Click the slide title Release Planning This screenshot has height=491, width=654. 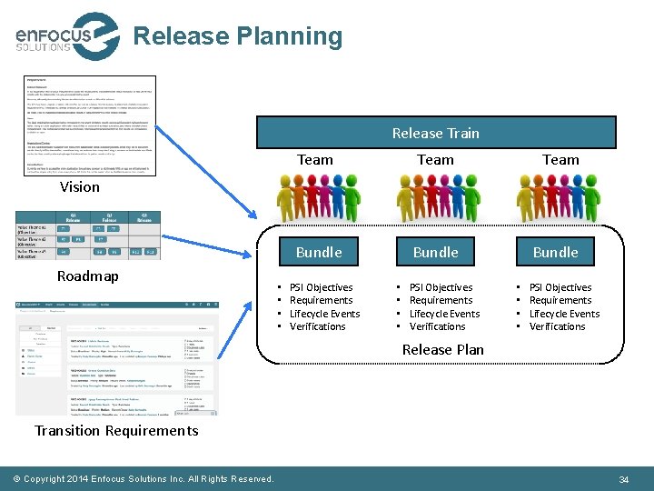pyautogui.click(x=238, y=36)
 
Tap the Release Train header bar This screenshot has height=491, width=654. pyautogui.click(x=436, y=133)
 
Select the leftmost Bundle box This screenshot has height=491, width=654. pyautogui.click(x=319, y=252)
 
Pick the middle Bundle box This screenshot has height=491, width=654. pyautogui.click(x=436, y=252)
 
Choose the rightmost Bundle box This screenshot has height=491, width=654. pyautogui.click(x=555, y=252)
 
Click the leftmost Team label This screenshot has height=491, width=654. pyautogui.click(x=315, y=159)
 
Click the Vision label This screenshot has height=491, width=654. pyautogui.click(x=80, y=186)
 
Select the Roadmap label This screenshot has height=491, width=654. pyautogui.click(x=87, y=276)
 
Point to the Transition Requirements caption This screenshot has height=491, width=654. pyautogui.click(x=116, y=430)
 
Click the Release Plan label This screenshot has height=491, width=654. pyautogui.click(x=443, y=349)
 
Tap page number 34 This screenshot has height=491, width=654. pyautogui.click(x=623, y=479)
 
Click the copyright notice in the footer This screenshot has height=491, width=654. pyautogui.click(x=144, y=479)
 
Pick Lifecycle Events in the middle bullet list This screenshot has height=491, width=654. pyautogui.click(x=444, y=314)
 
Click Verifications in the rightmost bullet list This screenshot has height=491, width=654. pyautogui.click(x=557, y=326)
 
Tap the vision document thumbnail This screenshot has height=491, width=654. pyautogui.click(x=90, y=125)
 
